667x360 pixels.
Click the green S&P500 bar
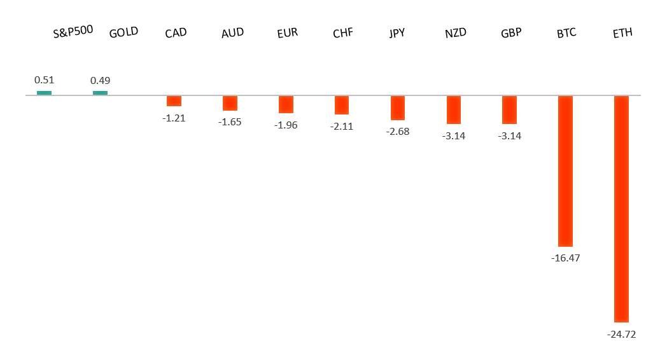coord(44,93)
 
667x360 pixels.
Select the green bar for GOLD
coord(100,93)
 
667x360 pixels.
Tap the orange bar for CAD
coord(174,101)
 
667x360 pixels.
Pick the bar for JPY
coord(398,107)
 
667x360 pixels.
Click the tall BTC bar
coord(565,170)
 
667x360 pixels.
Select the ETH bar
coord(621,209)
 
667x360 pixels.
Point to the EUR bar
coord(286,104)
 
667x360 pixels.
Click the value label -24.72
coord(621,334)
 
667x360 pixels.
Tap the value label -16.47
coord(565,258)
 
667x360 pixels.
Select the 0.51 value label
coord(44,80)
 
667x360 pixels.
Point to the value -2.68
coord(398,132)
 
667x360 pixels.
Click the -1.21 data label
coord(174,118)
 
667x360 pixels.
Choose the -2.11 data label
coord(342,127)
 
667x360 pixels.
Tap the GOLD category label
coord(123,32)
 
